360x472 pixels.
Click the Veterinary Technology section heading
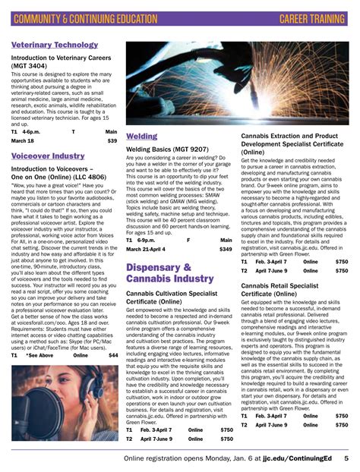[x=55, y=46]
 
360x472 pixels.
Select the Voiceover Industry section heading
[x=48, y=156]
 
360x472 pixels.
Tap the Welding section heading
[x=142, y=136]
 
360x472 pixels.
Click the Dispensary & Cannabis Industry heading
[x=159, y=273]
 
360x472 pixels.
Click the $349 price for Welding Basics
[x=226, y=249]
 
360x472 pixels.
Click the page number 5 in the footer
[x=346, y=458]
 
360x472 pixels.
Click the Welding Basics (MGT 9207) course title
[x=167, y=149]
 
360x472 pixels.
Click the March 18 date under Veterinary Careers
[x=23, y=140]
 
